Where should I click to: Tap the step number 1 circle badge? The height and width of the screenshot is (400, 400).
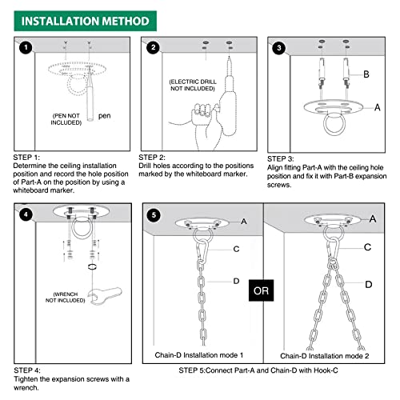tap(26, 48)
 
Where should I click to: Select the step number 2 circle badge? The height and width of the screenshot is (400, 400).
tap(154, 48)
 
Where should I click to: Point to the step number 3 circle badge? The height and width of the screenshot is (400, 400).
tap(279, 48)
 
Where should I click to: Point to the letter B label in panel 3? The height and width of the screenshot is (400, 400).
tap(366, 74)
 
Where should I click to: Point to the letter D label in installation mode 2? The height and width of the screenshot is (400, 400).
tap(367, 284)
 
